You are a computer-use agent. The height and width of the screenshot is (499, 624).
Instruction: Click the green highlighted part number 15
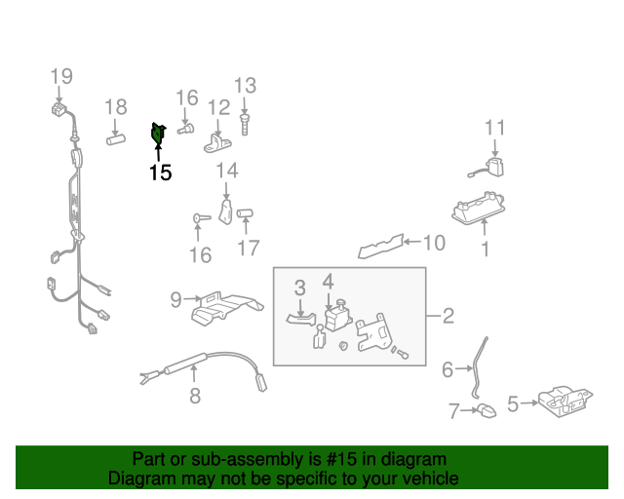(158, 133)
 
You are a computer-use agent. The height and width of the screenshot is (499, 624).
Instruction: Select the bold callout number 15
(160, 173)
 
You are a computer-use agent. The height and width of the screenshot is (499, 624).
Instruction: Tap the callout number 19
(61, 76)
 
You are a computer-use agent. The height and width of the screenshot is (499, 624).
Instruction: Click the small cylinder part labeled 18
(117, 139)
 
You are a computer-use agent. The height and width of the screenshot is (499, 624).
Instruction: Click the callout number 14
(226, 173)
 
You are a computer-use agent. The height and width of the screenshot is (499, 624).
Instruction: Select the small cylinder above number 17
(246, 213)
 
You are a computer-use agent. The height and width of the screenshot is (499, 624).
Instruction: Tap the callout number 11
(495, 128)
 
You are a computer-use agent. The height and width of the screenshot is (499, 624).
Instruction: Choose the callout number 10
(434, 242)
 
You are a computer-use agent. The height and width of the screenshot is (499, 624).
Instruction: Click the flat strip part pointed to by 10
(382, 246)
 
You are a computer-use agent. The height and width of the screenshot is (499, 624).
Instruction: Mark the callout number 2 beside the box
(448, 316)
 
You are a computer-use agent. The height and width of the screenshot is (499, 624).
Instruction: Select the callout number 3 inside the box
(300, 288)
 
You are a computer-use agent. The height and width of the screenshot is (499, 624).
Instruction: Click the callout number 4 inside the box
(329, 282)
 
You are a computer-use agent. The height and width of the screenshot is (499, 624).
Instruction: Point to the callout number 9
(175, 300)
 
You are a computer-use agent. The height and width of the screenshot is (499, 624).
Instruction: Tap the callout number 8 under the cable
(195, 396)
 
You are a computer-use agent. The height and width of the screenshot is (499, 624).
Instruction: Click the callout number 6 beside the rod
(448, 369)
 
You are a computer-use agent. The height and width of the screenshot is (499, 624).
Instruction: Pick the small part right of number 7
(485, 411)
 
